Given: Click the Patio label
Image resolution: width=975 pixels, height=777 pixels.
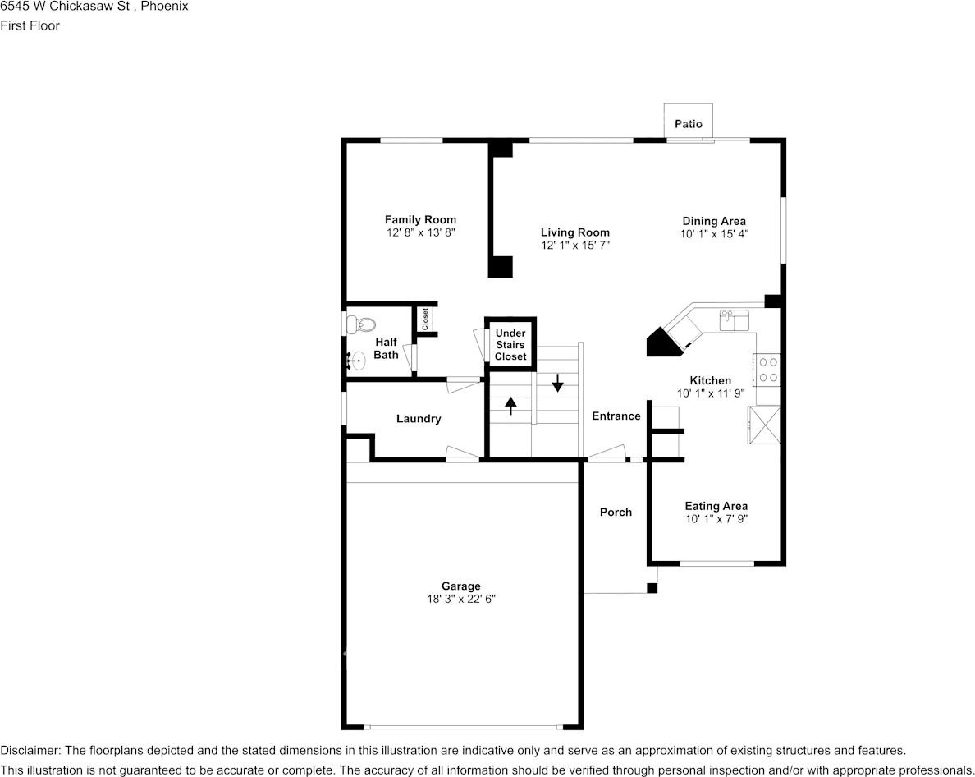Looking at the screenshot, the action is pos(689,124).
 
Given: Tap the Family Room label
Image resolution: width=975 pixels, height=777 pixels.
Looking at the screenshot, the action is pos(420,219).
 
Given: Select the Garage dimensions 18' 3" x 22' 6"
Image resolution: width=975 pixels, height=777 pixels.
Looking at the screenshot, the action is pos(460,599).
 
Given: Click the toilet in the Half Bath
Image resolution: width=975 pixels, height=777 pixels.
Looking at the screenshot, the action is pos(360,324).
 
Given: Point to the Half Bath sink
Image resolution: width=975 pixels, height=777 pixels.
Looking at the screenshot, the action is pos(355,361).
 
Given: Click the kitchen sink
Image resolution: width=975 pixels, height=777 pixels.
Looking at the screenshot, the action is pos(735,320).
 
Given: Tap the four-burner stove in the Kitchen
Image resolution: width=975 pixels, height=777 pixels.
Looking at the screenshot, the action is pos(767,370).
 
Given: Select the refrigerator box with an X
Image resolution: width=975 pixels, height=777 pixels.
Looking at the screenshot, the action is pos(764,425).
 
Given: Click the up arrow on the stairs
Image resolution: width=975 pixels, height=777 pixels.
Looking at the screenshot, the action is pos(510,407).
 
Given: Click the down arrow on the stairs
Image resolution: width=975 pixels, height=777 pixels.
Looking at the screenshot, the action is pos(558,383).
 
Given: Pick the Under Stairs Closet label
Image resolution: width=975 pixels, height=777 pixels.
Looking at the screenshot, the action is pos(510,345).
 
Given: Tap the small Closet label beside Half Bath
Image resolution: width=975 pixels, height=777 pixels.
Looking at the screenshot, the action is pos(425,320).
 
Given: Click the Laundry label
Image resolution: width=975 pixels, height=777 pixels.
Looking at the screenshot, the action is pos(419,419).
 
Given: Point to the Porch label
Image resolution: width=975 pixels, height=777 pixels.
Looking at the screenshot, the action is pos(616,512).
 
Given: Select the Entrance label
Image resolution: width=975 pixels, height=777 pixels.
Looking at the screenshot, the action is pos(616,416).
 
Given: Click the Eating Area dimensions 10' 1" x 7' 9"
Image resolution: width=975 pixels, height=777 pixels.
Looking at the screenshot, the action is pos(716,519).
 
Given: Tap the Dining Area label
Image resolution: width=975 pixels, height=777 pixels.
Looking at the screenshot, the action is pos(714,221).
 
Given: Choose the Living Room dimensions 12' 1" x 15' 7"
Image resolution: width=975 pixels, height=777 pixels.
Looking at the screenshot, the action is pos(575,245).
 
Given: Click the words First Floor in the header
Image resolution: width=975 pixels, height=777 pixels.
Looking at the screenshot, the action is pos(30,25).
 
